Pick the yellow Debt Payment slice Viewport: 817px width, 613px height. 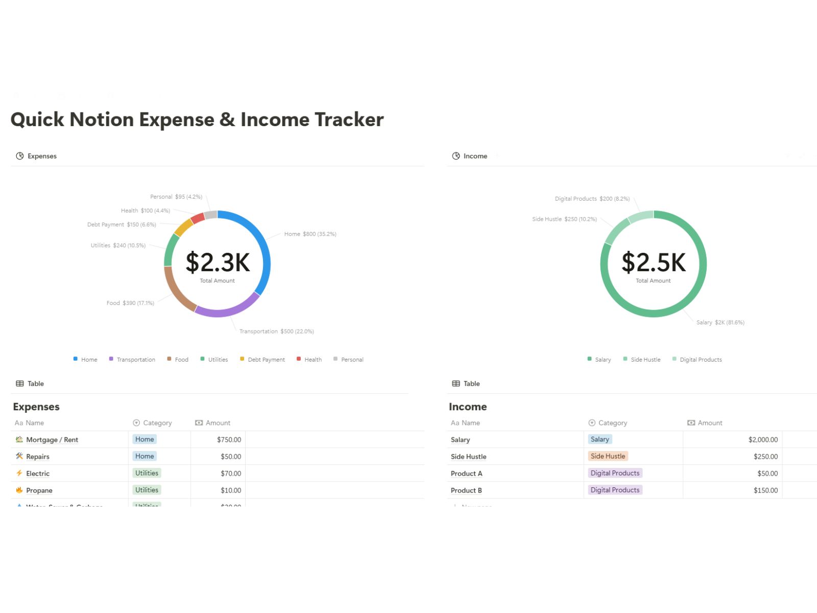coord(184,227)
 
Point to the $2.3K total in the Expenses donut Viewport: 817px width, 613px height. coord(218,262)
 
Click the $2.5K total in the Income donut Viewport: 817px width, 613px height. coord(654,262)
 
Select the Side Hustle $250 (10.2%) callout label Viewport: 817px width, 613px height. coord(564,219)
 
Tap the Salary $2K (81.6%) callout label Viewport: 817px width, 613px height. coord(720,322)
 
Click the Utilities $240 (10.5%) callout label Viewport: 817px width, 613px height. coord(118,245)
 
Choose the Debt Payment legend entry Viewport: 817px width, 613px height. coord(266,360)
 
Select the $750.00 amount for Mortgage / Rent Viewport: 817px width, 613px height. coord(229,439)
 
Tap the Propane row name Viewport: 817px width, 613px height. coord(39,490)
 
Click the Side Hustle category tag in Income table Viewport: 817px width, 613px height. coord(608,456)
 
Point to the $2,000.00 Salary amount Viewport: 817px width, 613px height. coord(763,439)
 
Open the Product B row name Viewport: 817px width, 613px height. coord(466,490)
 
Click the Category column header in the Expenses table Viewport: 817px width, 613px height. coord(157,423)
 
